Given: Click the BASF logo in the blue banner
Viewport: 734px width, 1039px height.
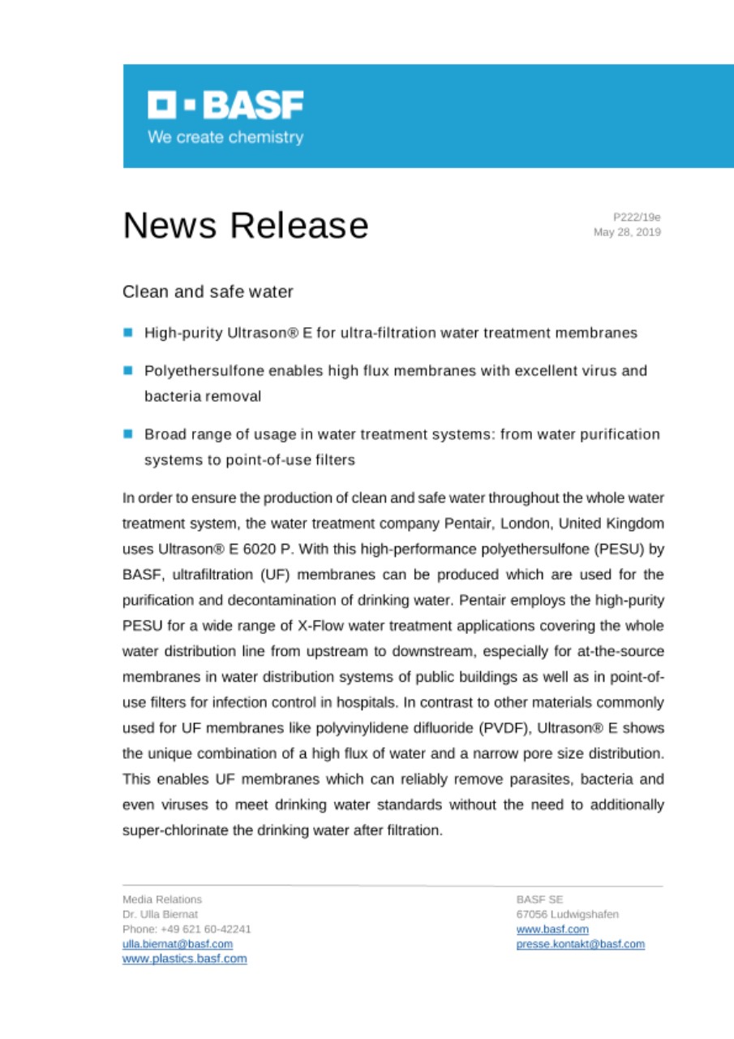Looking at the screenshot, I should [225, 105].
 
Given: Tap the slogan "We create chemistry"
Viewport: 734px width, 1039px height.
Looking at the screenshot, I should [225, 137].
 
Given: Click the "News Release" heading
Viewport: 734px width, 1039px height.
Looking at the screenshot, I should [245, 225].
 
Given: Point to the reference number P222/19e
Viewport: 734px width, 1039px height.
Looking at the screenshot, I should [637, 218].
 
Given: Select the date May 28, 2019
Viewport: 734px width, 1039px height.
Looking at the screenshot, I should [627, 232].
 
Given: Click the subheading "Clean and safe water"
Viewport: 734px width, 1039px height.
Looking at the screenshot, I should [208, 291].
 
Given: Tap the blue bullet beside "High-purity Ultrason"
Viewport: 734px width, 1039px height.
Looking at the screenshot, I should [128, 332].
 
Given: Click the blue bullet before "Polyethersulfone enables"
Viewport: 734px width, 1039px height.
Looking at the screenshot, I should [128, 370].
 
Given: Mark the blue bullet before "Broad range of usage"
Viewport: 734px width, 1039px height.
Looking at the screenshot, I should [128, 434].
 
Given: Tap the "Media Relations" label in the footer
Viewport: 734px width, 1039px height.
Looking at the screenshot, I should [162, 899].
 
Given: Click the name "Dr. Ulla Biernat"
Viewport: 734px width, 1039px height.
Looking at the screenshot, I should [160, 914].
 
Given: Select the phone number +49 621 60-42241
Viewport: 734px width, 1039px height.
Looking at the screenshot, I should [187, 929].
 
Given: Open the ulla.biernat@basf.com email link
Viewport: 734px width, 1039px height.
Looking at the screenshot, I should [178, 944].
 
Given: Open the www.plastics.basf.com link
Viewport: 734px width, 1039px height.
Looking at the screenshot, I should [185, 959].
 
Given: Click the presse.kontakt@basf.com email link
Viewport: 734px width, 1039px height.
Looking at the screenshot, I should [581, 944].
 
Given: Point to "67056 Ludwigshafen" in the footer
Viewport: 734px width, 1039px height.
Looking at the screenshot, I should [568, 914].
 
